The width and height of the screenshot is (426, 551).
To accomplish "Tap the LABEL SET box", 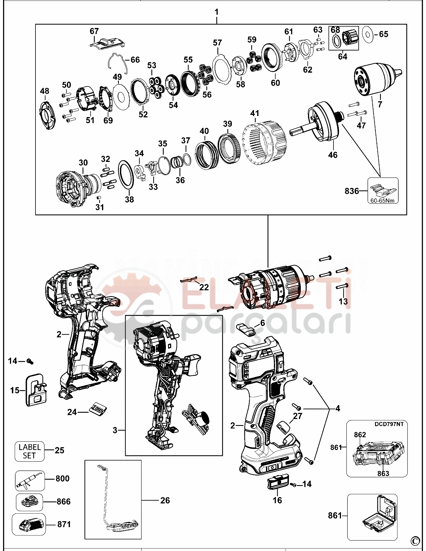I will [29, 451].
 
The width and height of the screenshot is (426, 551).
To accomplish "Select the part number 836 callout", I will [351, 191].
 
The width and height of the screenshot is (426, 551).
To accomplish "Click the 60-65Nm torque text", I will [382, 201].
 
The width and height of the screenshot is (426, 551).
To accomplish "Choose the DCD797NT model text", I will [389, 424].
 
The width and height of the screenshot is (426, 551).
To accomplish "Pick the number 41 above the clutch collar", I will [255, 113].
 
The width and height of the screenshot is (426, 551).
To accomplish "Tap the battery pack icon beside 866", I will [29, 502].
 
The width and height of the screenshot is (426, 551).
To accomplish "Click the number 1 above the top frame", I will [216, 12].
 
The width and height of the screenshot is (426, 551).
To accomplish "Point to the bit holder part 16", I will [278, 483].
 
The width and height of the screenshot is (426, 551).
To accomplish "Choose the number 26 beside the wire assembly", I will [165, 500].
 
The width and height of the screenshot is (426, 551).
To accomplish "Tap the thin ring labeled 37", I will [187, 160].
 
